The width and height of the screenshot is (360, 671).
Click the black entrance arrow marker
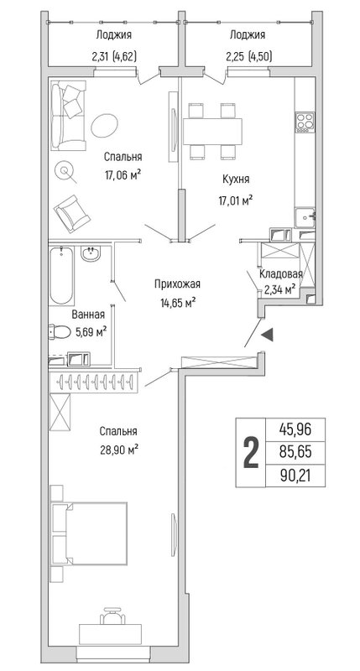point(268,335)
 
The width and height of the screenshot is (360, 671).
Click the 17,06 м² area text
point(123,176)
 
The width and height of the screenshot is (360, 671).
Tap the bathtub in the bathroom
point(60,276)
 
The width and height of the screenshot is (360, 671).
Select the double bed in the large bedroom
point(88,532)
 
